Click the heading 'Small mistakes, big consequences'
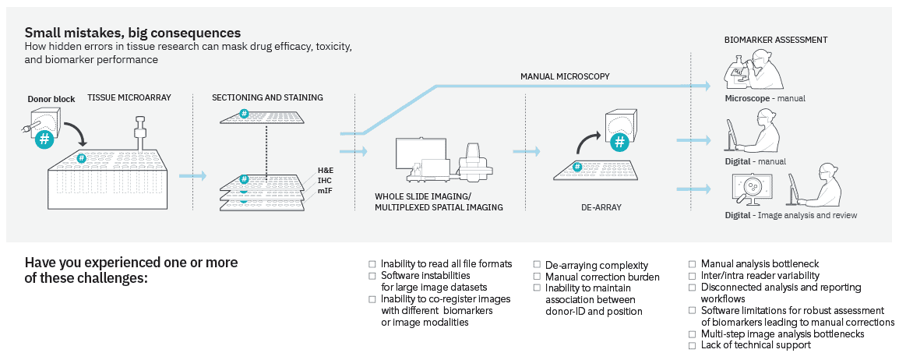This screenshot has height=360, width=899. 132,33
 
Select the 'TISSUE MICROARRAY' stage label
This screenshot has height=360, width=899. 129,97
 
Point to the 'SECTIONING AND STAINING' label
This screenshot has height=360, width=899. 267,97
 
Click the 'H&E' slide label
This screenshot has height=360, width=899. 325,170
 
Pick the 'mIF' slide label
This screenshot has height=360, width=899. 323,190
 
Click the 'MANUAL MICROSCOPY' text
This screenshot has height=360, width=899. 565,76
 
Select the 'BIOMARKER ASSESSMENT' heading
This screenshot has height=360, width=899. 776,40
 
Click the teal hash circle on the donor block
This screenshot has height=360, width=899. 46,139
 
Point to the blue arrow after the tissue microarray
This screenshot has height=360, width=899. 192,176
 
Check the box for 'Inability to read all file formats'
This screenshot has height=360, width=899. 372,264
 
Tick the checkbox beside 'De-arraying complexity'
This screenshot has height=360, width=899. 538,266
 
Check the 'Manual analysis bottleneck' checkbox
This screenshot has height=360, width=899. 693,264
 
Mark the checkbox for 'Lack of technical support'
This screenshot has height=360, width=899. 693,345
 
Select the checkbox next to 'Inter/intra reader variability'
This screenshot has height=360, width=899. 693,276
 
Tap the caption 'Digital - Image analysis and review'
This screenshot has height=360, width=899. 791,215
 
